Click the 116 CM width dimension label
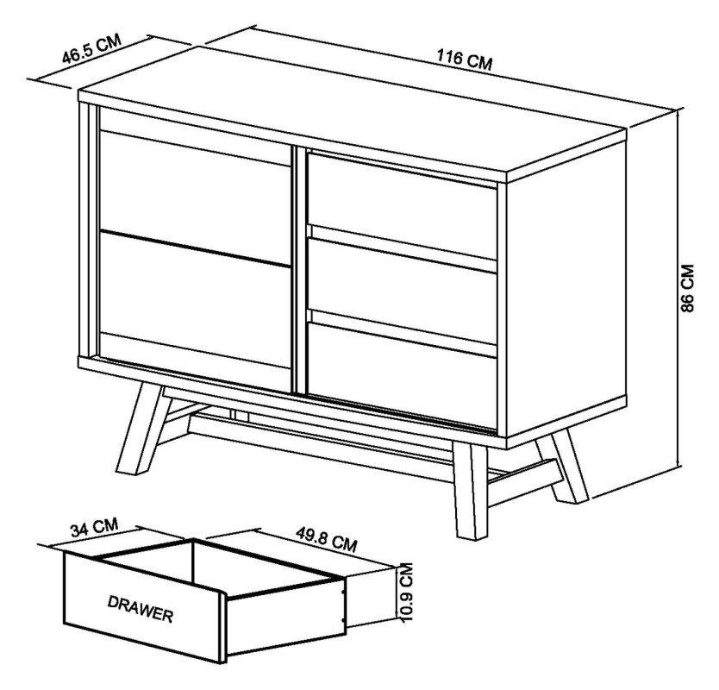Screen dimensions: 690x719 (465, 60)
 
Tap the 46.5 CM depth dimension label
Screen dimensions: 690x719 (91, 53)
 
